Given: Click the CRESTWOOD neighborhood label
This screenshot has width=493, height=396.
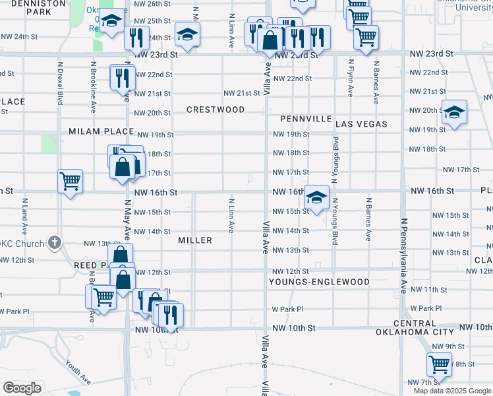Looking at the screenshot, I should [x=215, y=110].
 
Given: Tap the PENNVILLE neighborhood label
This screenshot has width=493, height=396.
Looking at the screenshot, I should [x=305, y=119].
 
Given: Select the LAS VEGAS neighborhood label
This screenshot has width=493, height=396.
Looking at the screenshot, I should [x=361, y=124].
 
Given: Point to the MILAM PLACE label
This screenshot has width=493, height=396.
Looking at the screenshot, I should [x=101, y=132].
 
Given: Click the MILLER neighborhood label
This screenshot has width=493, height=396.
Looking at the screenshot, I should [x=195, y=240].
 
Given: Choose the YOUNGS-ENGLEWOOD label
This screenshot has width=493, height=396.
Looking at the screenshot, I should [x=319, y=282].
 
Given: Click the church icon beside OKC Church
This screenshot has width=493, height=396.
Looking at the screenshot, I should [x=55, y=242].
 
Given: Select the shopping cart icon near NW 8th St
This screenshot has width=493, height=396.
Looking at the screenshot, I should [x=438, y=363].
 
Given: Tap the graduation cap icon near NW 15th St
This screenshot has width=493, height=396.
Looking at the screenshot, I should [x=316, y=197].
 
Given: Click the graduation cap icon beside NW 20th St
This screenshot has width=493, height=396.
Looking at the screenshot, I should [x=454, y=113].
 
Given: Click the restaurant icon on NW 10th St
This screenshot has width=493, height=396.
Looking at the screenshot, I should [x=170, y=315].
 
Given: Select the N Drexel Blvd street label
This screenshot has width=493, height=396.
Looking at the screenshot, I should [x=60, y=84].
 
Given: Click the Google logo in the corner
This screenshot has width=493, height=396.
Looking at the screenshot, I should [x=22, y=388].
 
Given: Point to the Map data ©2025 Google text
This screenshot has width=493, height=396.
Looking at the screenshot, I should [x=451, y=391].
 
